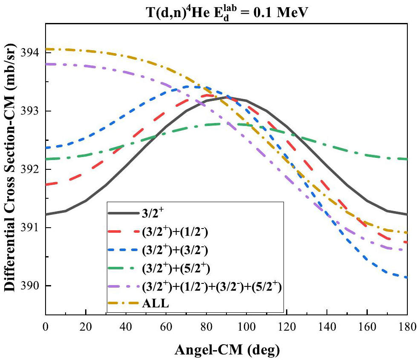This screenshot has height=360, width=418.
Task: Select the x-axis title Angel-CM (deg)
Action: (x=226, y=350)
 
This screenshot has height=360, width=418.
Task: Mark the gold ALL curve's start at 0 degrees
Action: (x=46, y=49)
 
